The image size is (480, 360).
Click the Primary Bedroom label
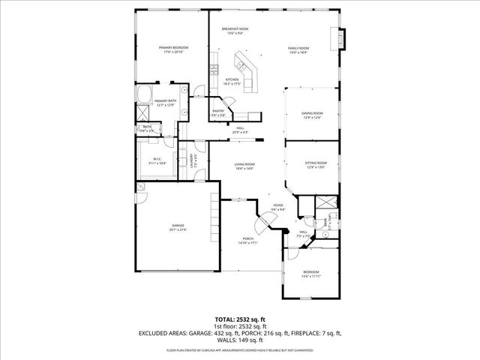pyautogui.click(x=172, y=47)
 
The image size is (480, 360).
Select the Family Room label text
pyautogui.click(x=298, y=47)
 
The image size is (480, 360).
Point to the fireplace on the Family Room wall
pyautogui.click(x=343, y=37)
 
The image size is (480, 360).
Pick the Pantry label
pyautogui.click(x=218, y=110)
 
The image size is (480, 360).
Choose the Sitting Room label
pyautogui.click(x=316, y=163)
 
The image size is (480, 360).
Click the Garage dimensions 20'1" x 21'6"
pyautogui.click(x=178, y=229)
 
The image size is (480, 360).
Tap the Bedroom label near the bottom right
pyautogui.click(x=311, y=271)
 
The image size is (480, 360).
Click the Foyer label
pyautogui.click(x=277, y=205)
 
